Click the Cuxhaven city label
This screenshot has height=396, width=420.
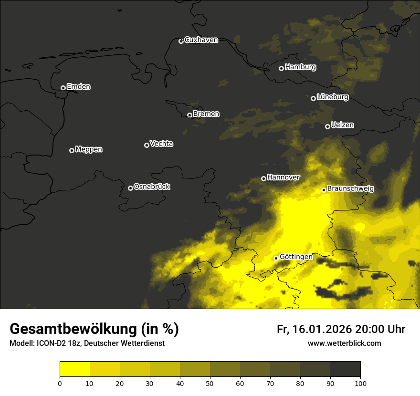tap(201, 40)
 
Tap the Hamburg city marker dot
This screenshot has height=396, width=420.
tap(281, 68)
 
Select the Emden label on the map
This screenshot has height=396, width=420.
tap(78, 87)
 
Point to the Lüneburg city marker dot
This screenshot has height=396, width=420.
tap(313, 98)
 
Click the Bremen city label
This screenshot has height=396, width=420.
tap(206, 114)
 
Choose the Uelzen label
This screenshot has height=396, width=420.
tap(342, 125)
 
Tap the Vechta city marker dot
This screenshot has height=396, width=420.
tap(147, 145)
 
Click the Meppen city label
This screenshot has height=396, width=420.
tap(89, 149)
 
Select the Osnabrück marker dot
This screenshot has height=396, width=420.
tap(130, 188)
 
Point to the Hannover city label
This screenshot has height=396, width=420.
tap(283, 177)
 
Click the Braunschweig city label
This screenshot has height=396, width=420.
tap(350, 189)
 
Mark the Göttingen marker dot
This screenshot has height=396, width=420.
tap(276, 258)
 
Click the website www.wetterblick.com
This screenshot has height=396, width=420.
tap(344, 343)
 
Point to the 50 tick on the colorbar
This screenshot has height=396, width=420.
tap(210, 383)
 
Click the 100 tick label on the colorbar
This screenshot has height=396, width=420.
tap(360, 383)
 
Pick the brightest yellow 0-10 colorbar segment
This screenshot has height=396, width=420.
tap(74, 369)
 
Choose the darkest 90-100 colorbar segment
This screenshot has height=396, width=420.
tap(345, 369)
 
